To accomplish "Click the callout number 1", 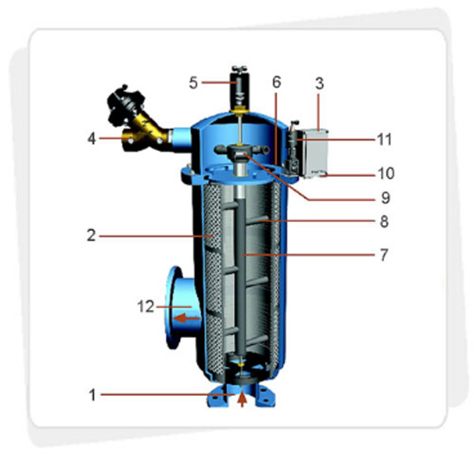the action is pos(92,395).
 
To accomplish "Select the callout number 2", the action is pos(92,235).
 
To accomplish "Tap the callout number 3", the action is pos(319,84).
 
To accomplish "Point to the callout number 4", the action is pos(92,139).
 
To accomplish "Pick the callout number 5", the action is pos(194,82).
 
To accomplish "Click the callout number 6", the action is pos(276,82).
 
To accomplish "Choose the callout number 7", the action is pos(384,255).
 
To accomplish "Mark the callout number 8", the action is pos(384,221).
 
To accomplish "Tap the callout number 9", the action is pos(386,198).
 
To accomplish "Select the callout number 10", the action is pos(386,174).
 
